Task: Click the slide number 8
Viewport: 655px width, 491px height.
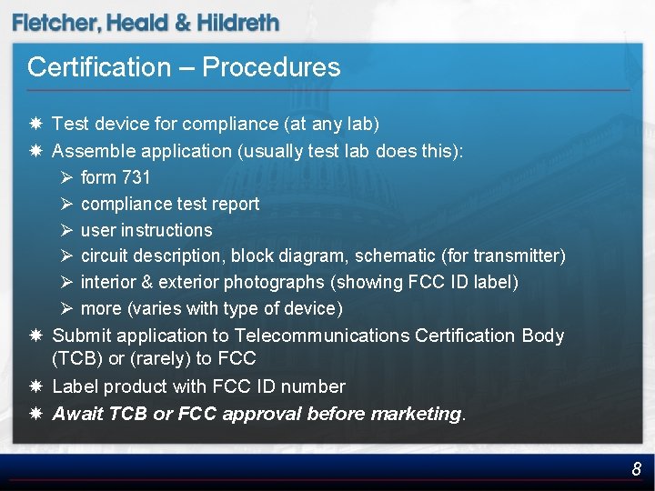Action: [x=637, y=469]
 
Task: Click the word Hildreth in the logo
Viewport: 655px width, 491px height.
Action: [x=238, y=24]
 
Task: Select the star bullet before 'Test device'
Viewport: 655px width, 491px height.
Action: [x=35, y=123]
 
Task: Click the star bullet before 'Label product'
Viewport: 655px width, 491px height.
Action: [x=35, y=386]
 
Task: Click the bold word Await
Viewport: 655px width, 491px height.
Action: [x=78, y=414]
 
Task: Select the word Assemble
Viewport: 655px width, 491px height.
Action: [x=92, y=151]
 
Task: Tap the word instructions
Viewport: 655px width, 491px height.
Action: [x=166, y=230]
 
